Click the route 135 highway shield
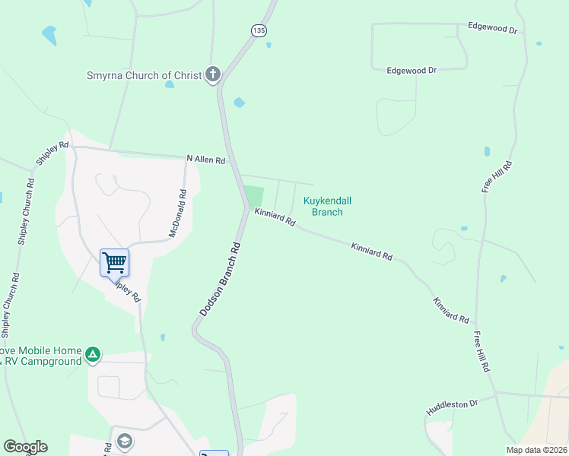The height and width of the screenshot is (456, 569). pyautogui.click(x=259, y=30)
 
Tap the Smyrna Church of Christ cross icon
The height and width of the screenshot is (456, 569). pyautogui.click(x=213, y=75)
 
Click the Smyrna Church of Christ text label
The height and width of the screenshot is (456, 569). pyautogui.click(x=143, y=75)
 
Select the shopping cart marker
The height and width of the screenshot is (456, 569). pyautogui.click(x=114, y=263)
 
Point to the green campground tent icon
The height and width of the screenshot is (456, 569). pyautogui.click(x=92, y=353)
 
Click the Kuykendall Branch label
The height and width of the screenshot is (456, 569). pyautogui.click(x=328, y=206)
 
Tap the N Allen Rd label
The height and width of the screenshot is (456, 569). pyautogui.click(x=206, y=160)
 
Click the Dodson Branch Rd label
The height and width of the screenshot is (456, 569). pyautogui.click(x=220, y=279)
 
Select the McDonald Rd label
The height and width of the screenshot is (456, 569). pyautogui.click(x=177, y=213)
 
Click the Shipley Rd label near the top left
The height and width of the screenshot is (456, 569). pyautogui.click(x=52, y=154)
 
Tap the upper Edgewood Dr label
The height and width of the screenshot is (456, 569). pyautogui.click(x=492, y=29)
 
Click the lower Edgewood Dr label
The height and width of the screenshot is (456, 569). pyautogui.click(x=411, y=70)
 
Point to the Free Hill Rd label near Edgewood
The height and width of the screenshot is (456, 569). pyautogui.click(x=497, y=176)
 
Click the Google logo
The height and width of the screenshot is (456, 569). pyautogui.click(x=25, y=447)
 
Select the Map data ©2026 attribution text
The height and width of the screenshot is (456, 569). pyautogui.click(x=536, y=450)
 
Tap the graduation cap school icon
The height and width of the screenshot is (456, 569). pyautogui.click(x=125, y=442)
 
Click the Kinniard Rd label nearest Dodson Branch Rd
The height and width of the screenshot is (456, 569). pyautogui.click(x=275, y=218)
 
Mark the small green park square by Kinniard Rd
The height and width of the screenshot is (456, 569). pyautogui.click(x=253, y=197)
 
